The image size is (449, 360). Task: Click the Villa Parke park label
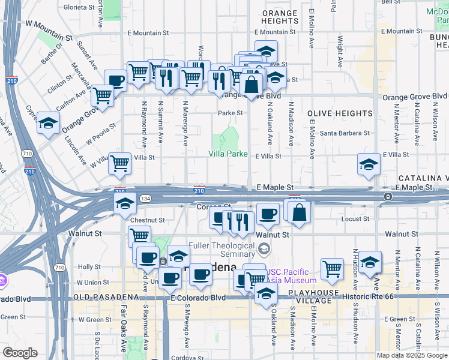(228, 154)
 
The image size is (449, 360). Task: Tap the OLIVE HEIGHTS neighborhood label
(340, 113)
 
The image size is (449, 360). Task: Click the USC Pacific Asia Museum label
(292, 276)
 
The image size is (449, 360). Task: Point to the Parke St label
(230, 112)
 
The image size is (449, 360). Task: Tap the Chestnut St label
(147, 220)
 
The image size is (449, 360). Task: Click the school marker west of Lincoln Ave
(48, 124)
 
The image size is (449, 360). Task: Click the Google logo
(20, 353)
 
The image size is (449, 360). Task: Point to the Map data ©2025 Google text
(412, 355)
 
